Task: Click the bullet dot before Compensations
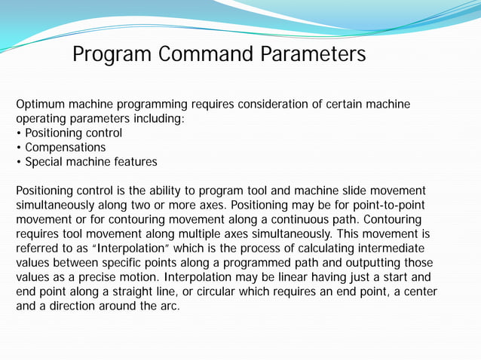[19, 148]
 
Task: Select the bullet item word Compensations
[66, 148]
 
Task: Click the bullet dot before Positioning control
[19, 133]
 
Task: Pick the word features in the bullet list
[134, 162]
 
